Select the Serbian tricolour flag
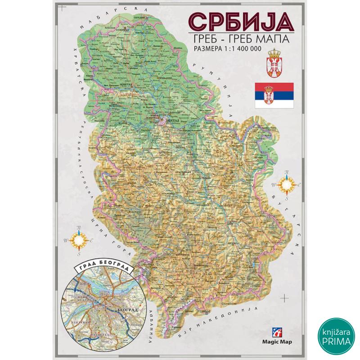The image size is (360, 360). coord(274,95)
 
